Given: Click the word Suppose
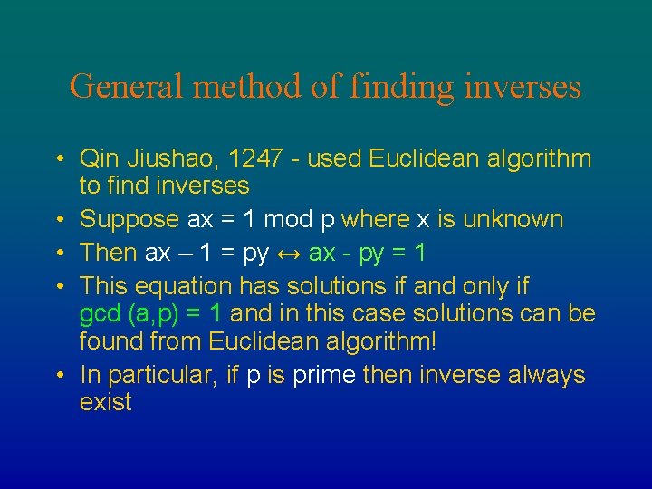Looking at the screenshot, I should [129, 219].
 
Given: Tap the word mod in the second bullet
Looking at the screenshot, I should [283, 219].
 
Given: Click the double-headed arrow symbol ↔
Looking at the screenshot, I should [288, 254].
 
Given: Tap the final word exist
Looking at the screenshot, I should [105, 402].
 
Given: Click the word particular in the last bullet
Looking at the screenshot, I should [158, 375].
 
